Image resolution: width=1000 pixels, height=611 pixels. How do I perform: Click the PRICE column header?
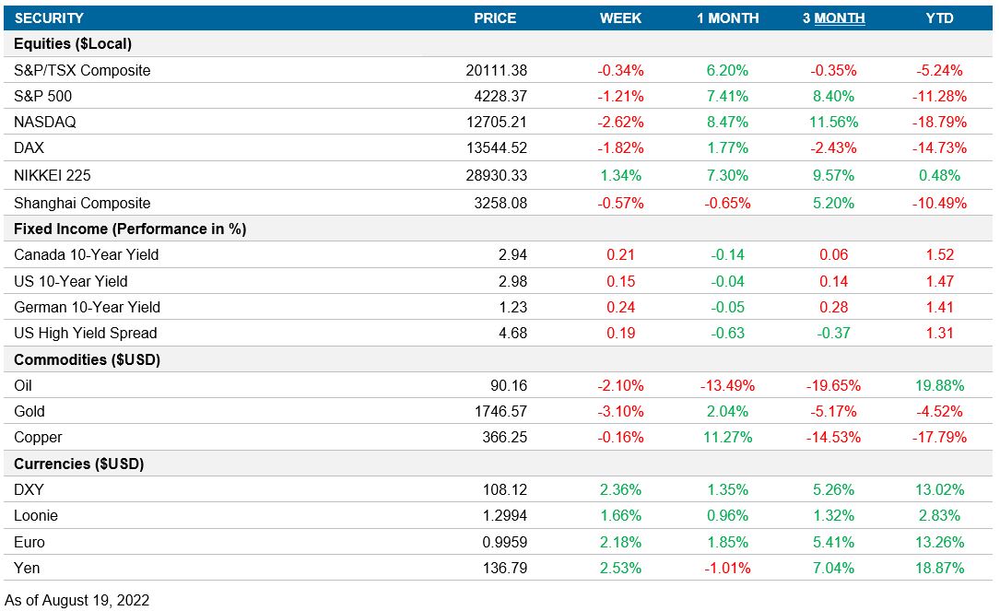point(495,18)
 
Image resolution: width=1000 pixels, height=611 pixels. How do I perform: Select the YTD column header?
point(939,18)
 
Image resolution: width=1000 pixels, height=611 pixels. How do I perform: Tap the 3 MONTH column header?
point(833,18)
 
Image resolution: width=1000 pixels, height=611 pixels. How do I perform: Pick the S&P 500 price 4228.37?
point(498,96)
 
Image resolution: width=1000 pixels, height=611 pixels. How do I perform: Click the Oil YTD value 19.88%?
point(939,385)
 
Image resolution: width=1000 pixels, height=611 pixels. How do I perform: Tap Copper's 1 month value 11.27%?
point(727,437)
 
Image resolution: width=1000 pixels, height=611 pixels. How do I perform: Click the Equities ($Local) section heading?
point(74,43)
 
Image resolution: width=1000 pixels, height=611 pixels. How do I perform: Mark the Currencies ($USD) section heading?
point(79,464)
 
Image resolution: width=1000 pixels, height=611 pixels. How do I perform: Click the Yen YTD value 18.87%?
point(939,568)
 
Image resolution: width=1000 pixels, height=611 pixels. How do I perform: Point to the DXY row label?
point(29,489)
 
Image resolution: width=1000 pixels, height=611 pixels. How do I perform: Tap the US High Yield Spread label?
point(86,333)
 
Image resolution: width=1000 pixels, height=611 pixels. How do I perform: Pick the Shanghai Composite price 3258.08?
point(498,202)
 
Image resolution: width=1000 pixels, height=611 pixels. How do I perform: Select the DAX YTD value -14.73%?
point(939,148)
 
